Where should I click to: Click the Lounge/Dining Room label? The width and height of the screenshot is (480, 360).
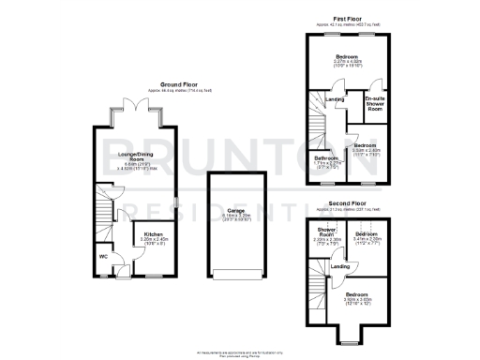tap(137, 157)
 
